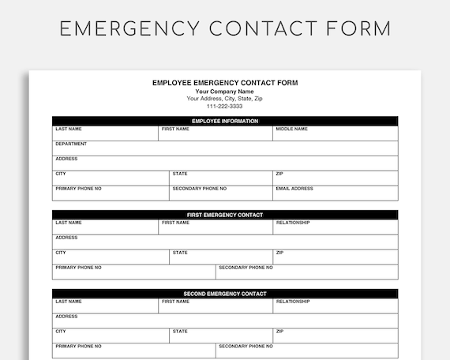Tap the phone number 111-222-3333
(225, 106)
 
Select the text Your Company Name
(225, 92)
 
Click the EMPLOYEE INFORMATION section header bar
(225, 121)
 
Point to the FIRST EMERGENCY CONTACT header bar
(225, 215)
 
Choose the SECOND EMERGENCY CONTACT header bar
(225, 294)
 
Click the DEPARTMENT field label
(71, 144)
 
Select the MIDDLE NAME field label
(291, 129)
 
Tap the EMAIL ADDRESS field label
(294, 189)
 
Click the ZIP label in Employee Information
(279, 174)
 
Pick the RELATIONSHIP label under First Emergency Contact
(293, 223)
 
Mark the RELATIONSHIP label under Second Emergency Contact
(293, 302)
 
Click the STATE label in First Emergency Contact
(180, 253)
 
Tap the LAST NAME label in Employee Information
(68, 129)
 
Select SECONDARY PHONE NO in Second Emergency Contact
(246, 347)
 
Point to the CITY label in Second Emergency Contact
(61, 332)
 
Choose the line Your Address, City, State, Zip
(225, 99)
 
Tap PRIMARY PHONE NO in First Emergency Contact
(78, 268)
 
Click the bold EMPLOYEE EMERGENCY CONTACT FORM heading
(225, 83)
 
